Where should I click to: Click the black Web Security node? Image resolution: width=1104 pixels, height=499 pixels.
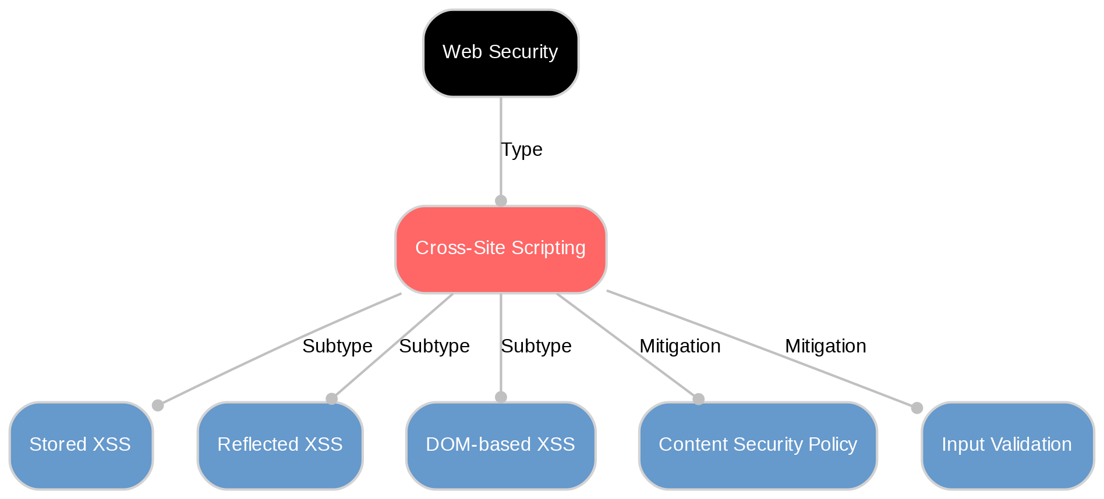click(x=500, y=53)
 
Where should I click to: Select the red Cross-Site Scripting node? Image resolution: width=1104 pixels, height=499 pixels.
click(x=500, y=249)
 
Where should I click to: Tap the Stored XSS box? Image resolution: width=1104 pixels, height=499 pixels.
click(x=80, y=445)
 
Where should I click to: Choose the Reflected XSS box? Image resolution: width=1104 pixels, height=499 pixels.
click(x=279, y=445)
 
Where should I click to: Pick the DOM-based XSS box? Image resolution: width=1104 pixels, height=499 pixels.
click(x=500, y=445)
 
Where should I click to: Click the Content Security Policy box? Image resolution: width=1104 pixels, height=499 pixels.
click(x=758, y=445)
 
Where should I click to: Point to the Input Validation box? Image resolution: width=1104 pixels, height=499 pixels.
click(x=1006, y=445)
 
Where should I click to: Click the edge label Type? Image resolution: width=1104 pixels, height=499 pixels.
click(x=522, y=150)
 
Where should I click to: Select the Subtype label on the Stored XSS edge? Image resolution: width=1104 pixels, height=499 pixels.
click(x=337, y=347)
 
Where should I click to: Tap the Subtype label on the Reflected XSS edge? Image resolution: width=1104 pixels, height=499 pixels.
click(x=434, y=347)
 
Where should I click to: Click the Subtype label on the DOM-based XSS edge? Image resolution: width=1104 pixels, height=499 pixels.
click(x=536, y=347)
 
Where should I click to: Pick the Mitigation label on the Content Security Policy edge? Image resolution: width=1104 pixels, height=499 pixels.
click(x=680, y=347)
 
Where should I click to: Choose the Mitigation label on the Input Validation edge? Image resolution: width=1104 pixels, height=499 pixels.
click(x=825, y=347)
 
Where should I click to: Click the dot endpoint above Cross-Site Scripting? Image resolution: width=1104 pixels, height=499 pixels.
click(x=501, y=201)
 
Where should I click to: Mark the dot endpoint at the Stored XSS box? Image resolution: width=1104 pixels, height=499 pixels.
click(x=157, y=405)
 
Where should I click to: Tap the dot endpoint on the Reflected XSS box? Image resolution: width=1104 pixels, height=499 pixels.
click(x=331, y=398)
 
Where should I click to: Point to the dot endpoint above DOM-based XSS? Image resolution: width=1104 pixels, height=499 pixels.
click(x=501, y=397)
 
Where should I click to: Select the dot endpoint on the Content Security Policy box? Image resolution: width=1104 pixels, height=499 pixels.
click(x=698, y=399)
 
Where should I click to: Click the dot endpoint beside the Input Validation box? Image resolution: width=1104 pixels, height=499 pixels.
click(x=917, y=408)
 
